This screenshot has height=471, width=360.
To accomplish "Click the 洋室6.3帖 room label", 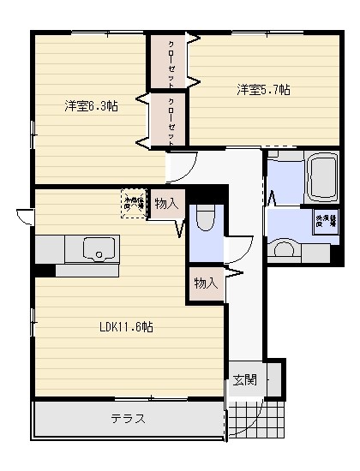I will pos(91,106).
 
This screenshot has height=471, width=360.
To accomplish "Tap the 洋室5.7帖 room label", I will pos(263,88).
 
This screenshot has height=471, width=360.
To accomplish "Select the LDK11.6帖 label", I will pos(125,326).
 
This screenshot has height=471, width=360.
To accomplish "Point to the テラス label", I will pos(127,419).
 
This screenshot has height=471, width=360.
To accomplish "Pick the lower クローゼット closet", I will pos(169,120).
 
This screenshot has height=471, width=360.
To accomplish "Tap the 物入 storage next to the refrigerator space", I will pos(166,204).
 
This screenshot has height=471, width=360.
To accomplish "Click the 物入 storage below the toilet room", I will pos(205,283).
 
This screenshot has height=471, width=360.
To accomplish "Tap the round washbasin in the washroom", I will pos(282,251).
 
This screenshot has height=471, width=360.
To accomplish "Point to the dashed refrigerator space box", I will pos(134,203).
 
